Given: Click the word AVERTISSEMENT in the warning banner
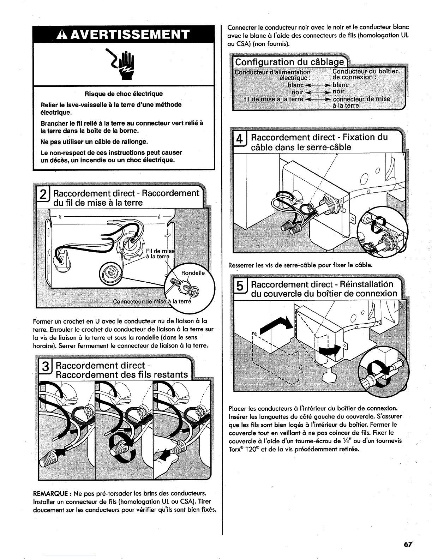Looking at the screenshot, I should [130, 35].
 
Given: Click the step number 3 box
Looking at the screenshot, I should [45, 369].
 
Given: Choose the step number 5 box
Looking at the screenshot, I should [240, 288].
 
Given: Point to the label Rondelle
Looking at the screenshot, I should [193, 273].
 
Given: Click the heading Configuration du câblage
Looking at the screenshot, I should [289, 62].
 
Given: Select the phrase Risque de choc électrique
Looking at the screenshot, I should [124, 94].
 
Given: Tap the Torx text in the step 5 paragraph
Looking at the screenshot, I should [236, 449].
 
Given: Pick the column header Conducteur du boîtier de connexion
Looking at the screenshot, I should [365, 74].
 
